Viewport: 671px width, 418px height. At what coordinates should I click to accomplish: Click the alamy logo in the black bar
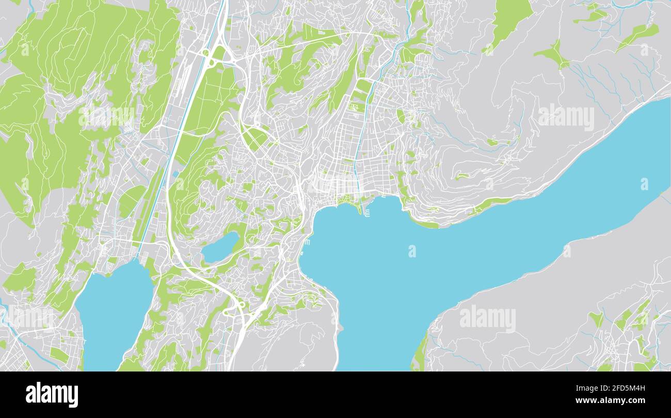coord(52,394)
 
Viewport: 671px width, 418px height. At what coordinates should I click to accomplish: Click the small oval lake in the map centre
coord(220,247)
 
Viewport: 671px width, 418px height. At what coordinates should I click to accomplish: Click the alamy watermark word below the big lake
coord(487,318)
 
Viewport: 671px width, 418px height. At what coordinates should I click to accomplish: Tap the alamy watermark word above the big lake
coord(566,118)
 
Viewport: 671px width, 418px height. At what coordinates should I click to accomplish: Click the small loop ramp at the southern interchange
coord(241,305)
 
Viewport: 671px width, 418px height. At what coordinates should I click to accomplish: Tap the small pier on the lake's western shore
coord(308,241)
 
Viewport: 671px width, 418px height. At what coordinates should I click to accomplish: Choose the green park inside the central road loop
coord(254,137)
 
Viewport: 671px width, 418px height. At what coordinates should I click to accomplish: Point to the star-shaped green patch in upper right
coord(553,55)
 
